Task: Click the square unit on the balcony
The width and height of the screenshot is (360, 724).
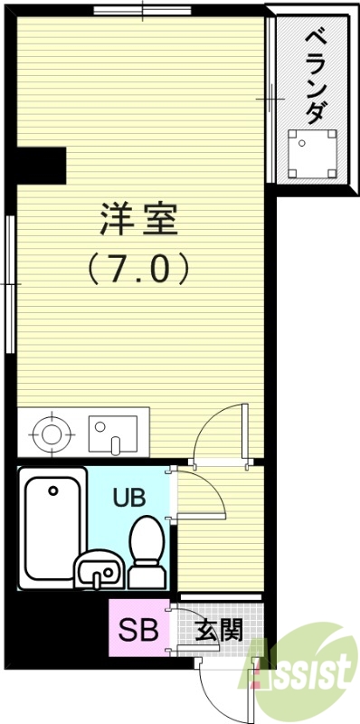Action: point(313,152)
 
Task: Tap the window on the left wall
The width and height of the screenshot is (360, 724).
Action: point(11,284)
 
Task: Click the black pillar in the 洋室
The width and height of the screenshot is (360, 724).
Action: point(42,164)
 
